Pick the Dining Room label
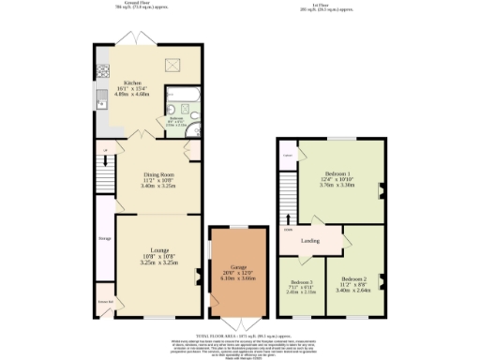pyautogui.click(x=158, y=174)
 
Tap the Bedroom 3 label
pyautogui.click(x=301, y=282)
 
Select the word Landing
pyautogui.click(x=310, y=241)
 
